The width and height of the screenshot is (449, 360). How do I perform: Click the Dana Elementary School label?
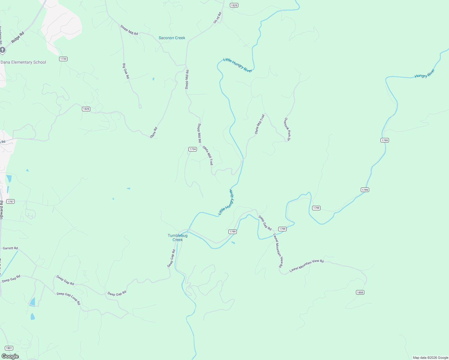click(23, 62)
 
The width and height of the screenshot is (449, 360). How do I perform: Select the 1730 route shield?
click(63, 59)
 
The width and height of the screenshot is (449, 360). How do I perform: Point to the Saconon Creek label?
click(172, 38)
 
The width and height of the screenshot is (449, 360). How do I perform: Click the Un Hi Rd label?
click(217, 18)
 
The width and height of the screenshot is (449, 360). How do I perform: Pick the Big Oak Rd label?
click(126, 71)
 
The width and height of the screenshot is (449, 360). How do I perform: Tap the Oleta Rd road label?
click(154, 133)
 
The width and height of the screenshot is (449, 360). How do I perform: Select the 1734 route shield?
click(192, 149)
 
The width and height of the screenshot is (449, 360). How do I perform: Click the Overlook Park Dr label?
click(287, 129)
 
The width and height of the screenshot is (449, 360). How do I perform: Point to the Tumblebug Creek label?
click(177, 238)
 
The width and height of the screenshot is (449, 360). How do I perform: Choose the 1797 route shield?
click(11, 202)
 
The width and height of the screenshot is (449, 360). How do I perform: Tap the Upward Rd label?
click(2, 210)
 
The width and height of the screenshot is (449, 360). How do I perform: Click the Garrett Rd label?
click(10, 248)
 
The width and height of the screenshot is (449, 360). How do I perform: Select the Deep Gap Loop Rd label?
click(69, 298)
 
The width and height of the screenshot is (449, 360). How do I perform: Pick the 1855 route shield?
click(360, 292)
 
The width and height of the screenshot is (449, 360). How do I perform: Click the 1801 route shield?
click(9, 348)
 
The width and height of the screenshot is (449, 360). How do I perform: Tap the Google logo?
click(10, 356)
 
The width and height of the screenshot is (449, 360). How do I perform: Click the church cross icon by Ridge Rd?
click(2, 50)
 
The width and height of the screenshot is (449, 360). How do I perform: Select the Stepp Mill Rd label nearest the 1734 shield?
click(199, 133)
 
